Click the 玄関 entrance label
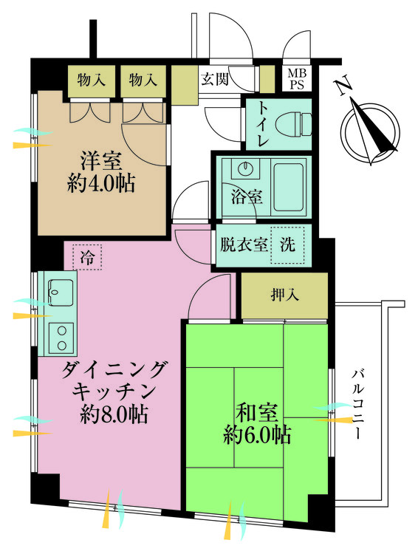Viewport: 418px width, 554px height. tap(215, 79)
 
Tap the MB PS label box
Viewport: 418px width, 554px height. tap(297, 79)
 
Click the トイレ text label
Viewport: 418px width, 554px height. tap(262, 124)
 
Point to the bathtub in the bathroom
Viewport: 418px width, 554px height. tap(289, 186)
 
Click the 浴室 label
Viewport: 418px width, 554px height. tap(247, 197)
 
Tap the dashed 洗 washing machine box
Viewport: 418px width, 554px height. tap(287, 244)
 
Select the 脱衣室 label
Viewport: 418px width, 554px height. tap(244, 244)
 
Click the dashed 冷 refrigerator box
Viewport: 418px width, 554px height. tap(87, 257)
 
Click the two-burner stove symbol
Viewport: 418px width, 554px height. tap(61, 338)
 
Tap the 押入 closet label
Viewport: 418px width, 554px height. tap(285, 295)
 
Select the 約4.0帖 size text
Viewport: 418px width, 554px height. tap(101, 184)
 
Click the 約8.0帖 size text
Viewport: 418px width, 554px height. tap(114, 414)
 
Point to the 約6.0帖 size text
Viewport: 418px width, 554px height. tap(257, 435)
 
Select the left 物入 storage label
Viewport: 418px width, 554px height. tap(92, 80)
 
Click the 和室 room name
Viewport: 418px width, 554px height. tap(257, 413)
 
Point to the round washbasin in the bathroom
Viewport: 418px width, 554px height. tap(245, 167)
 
